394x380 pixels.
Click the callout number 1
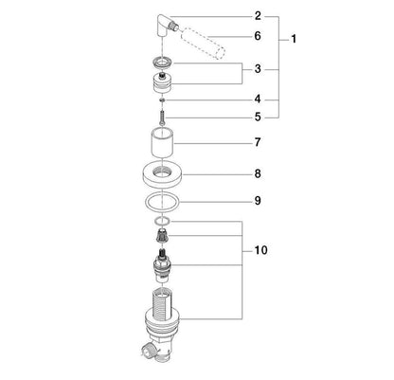tap(294, 40)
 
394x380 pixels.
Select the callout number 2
tap(258, 16)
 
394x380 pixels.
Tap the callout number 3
tap(258, 69)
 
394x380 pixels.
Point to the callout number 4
tap(258, 100)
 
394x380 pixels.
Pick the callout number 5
tap(258, 118)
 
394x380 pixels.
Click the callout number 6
tap(258, 36)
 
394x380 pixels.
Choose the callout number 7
tap(258, 142)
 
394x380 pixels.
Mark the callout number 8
tap(258, 173)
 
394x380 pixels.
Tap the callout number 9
tap(258, 201)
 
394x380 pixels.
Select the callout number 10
tap(260, 250)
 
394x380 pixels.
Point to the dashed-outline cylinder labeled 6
tap(203, 44)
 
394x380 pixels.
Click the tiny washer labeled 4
tap(162, 100)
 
